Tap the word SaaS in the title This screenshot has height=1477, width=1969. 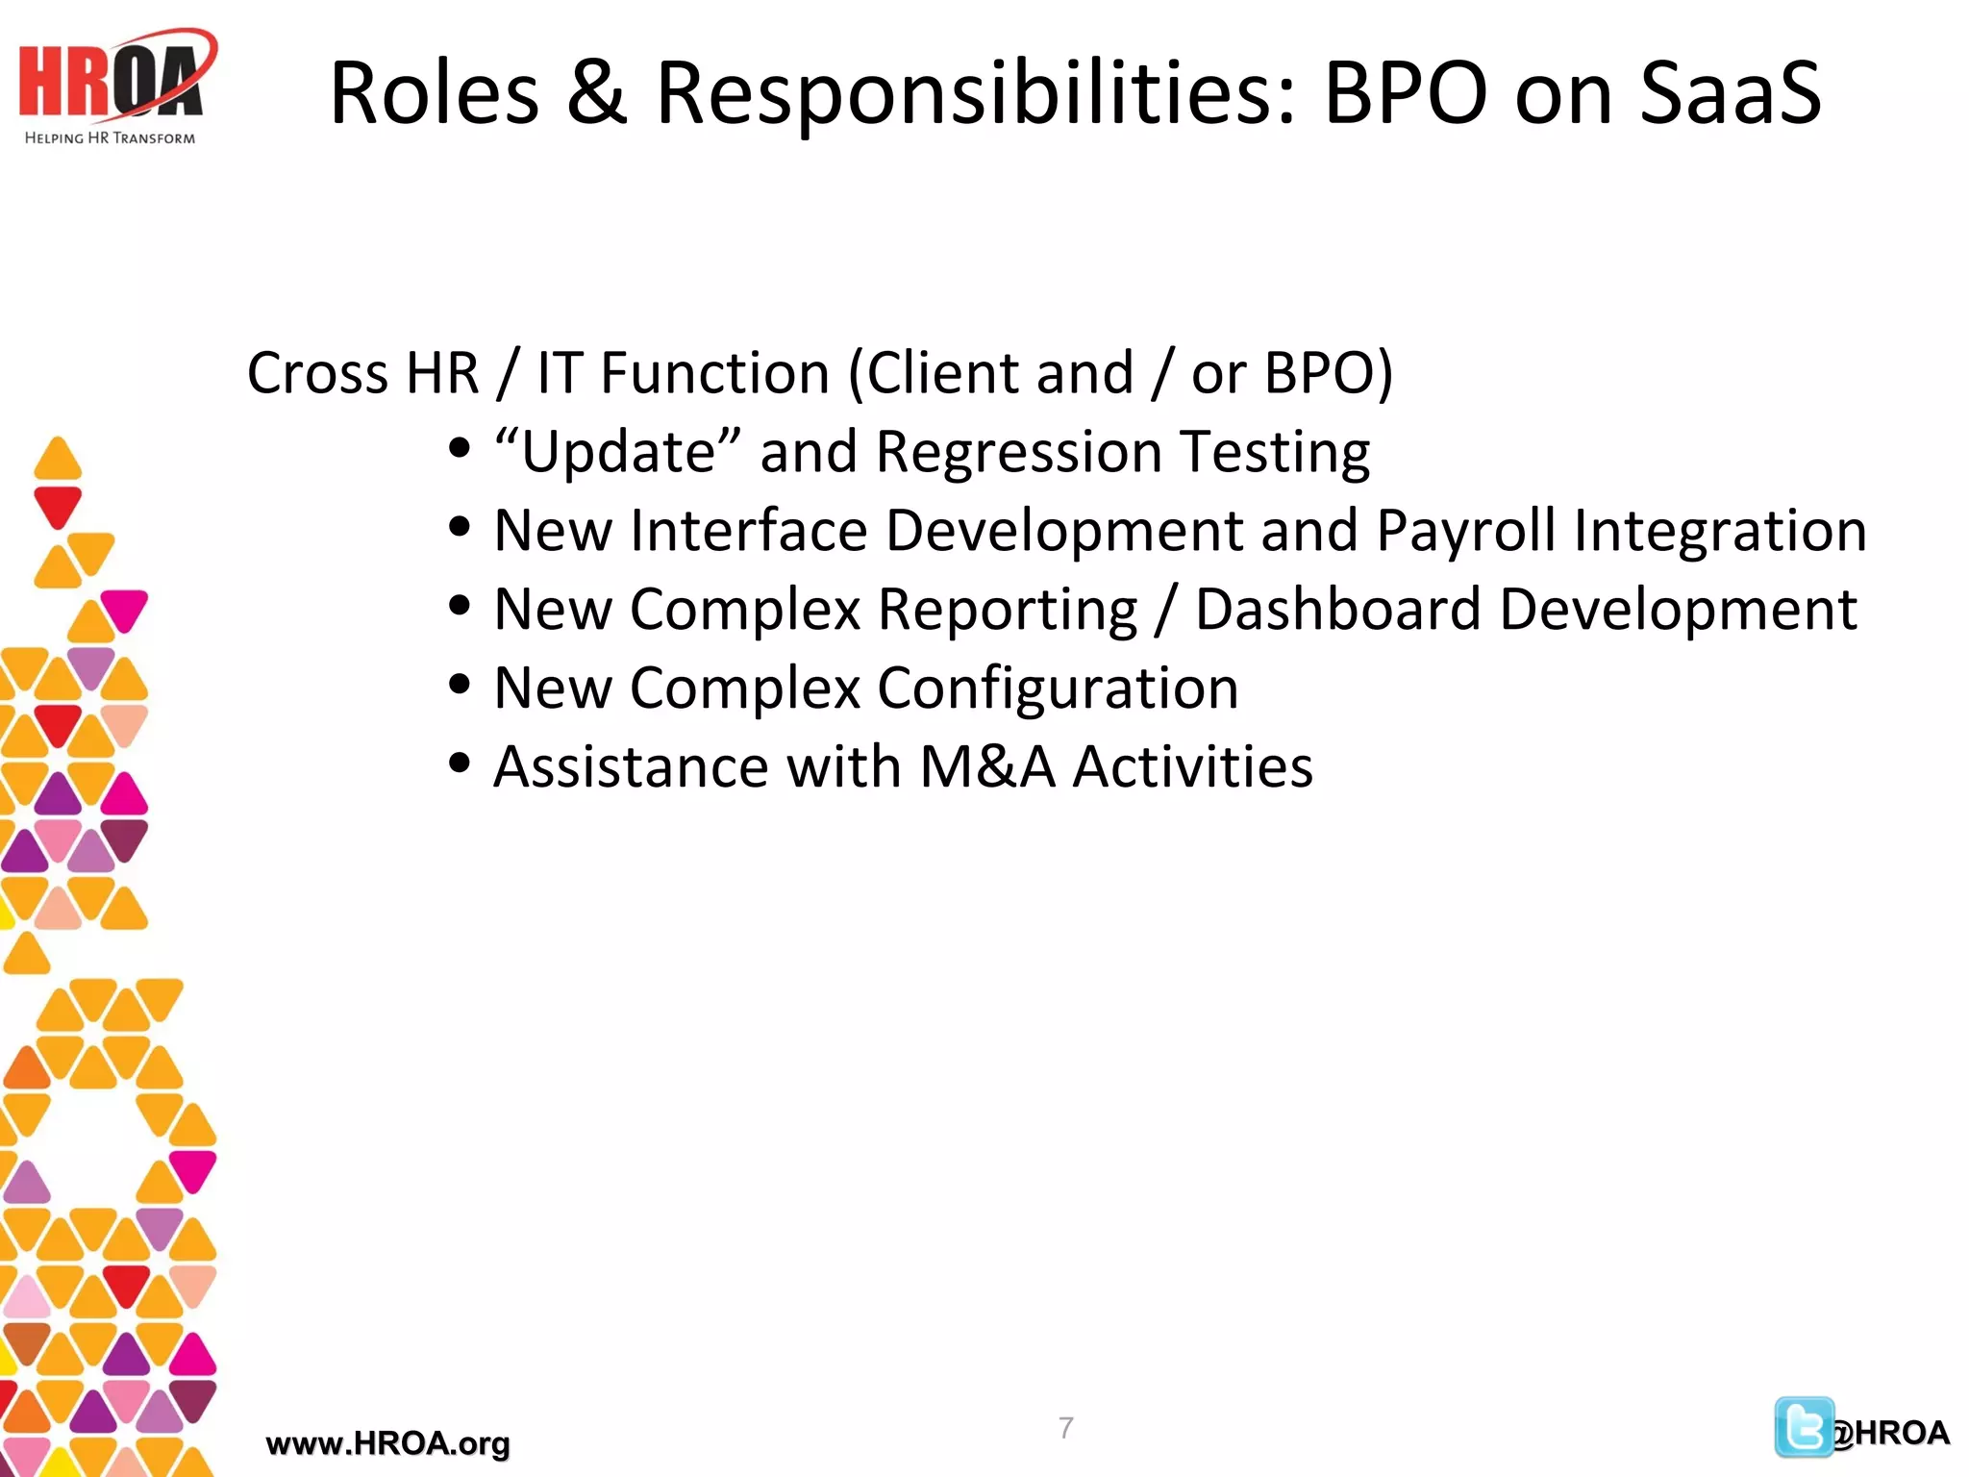pyautogui.click(x=1730, y=93)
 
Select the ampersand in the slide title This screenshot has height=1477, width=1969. pyautogui.click(x=596, y=93)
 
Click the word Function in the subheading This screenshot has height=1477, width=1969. pyautogui.click(x=714, y=373)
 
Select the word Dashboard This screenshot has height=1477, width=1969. pyautogui.click(x=1337, y=610)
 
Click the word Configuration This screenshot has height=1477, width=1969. pyautogui.click(x=1058, y=688)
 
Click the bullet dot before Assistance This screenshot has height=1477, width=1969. pyautogui.click(x=460, y=764)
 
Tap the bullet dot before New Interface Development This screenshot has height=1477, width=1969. pyautogui.click(x=460, y=527)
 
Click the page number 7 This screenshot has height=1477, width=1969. pyautogui.click(x=1065, y=1427)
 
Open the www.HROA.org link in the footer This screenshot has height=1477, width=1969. pyautogui.click(x=387, y=1443)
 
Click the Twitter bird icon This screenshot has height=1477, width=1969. pyautogui.click(x=1803, y=1427)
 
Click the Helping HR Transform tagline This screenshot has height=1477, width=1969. pyautogui.click(x=110, y=138)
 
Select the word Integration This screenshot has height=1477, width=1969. pyautogui.click(x=1720, y=531)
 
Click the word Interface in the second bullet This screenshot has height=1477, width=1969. pyautogui.click(x=748, y=531)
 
